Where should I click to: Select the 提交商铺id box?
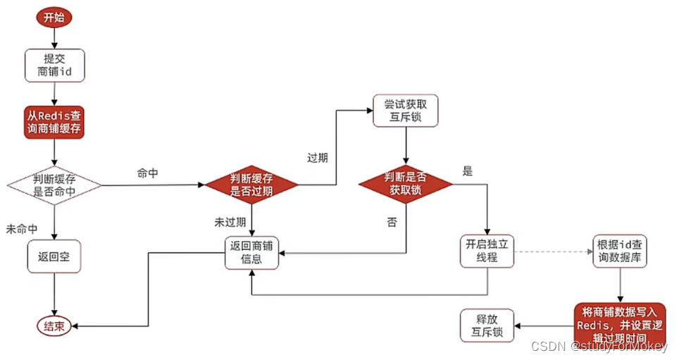tap(54, 66)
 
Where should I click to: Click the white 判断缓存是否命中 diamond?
tap(54, 185)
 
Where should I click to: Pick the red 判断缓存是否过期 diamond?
tap(251, 185)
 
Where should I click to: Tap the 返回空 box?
tap(54, 256)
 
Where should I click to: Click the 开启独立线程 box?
tap(487, 251)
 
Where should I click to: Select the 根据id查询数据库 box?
tap(621, 251)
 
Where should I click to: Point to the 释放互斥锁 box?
tap(487, 325)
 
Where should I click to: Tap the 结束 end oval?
tap(54, 326)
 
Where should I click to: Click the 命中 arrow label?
tap(148, 173)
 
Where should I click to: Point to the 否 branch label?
tap(392, 223)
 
